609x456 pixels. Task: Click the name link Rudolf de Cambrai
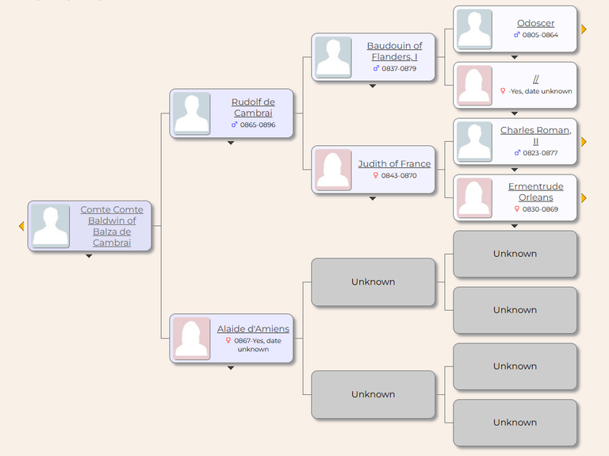pyautogui.click(x=253, y=107)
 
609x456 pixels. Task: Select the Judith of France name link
pyautogui.click(x=394, y=163)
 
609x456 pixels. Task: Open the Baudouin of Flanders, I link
pyautogui.click(x=394, y=51)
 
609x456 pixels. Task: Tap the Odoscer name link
pyautogui.click(x=535, y=23)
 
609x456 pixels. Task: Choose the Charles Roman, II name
pyautogui.click(x=535, y=136)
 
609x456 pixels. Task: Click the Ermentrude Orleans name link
pyautogui.click(x=535, y=191)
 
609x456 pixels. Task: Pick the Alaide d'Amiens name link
pyautogui.click(x=253, y=328)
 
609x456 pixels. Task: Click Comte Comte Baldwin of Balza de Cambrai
pyautogui.click(x=112, y=226)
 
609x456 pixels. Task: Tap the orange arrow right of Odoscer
pyautogui.click(x=584, y=29)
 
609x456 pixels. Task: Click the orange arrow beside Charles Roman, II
pyautogui.click(x=584, y=142)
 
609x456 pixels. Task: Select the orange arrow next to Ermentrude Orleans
pyautogui.click(x=584, y=198)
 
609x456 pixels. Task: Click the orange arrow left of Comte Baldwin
pyautogui.click(x=21, y=226)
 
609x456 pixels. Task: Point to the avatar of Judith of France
pyautogui.click(x=333, y=170)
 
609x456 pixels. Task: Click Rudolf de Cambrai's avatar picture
pyautogui.click(x=191, y=113)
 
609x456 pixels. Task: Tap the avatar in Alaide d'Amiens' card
pyautogui.click(x=191, y=339)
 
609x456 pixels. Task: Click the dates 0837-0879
pyautogui.click(x=399, y=68)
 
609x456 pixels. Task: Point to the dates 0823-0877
pyautogui.click(x=540, y=152)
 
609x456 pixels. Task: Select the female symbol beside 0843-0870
pyautogui.click(x=376, y=175)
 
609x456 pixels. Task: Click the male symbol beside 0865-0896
pyautogui.click(x=234, y=125)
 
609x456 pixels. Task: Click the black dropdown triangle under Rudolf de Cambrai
pyautogui.click(x=231, y=143)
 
